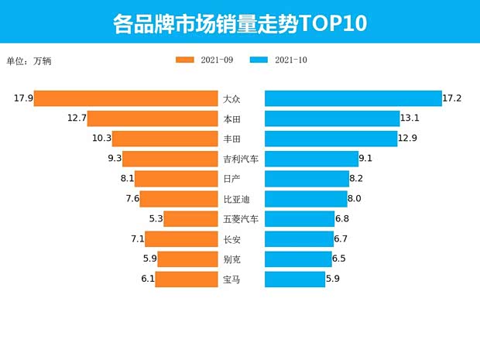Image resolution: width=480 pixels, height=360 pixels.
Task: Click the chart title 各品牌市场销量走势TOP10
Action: tap(239, 22)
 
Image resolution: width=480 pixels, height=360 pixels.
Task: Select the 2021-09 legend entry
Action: tap(204, 60)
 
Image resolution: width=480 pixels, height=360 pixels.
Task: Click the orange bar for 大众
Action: tap(125, 98)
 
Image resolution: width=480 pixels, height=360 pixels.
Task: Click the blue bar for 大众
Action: tap(352, 98)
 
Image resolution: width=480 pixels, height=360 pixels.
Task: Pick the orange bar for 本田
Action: tap(153, 118)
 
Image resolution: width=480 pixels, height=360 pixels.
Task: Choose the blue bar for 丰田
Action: tap(331, 139)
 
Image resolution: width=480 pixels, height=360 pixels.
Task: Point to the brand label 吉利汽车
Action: tap(241, 159)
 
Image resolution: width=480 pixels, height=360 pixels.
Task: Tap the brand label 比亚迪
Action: tap(236, 199)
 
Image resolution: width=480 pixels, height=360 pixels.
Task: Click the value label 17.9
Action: tap(22, 98)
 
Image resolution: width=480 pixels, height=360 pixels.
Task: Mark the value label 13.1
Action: tap(410, 118)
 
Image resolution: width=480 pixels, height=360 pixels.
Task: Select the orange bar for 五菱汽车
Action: tap(190, 219)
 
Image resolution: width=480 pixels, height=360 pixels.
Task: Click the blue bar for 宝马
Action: tap(295, 279)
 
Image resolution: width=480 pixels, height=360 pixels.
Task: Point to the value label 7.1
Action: tap(136, 239)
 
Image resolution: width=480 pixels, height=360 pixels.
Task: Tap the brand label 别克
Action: tap(231, 259)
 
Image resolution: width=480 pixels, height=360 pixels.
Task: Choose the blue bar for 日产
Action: tap(307, 179)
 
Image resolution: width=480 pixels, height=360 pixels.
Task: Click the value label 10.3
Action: tap(101, 139)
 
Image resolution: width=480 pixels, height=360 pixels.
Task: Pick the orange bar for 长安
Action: tap(181, 239)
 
